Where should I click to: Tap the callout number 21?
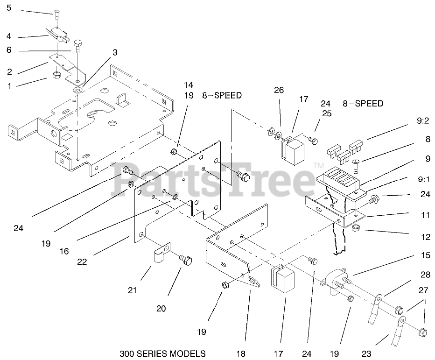click(132, 290)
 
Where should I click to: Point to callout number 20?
click(161, 309)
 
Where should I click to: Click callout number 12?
click(425, 237)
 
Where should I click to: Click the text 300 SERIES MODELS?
click(162, 353)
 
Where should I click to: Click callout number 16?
click(64, 251)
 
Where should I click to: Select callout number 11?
click(425, 216)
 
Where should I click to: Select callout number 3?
click(114, 53)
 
